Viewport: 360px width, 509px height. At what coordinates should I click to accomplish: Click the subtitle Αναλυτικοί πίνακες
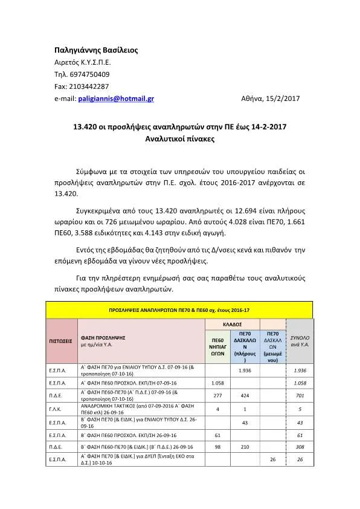pyautogui.click(x=179, y=139)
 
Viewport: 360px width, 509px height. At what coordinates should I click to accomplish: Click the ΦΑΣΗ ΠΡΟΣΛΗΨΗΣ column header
pyautogui.click(x=103, y=337)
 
